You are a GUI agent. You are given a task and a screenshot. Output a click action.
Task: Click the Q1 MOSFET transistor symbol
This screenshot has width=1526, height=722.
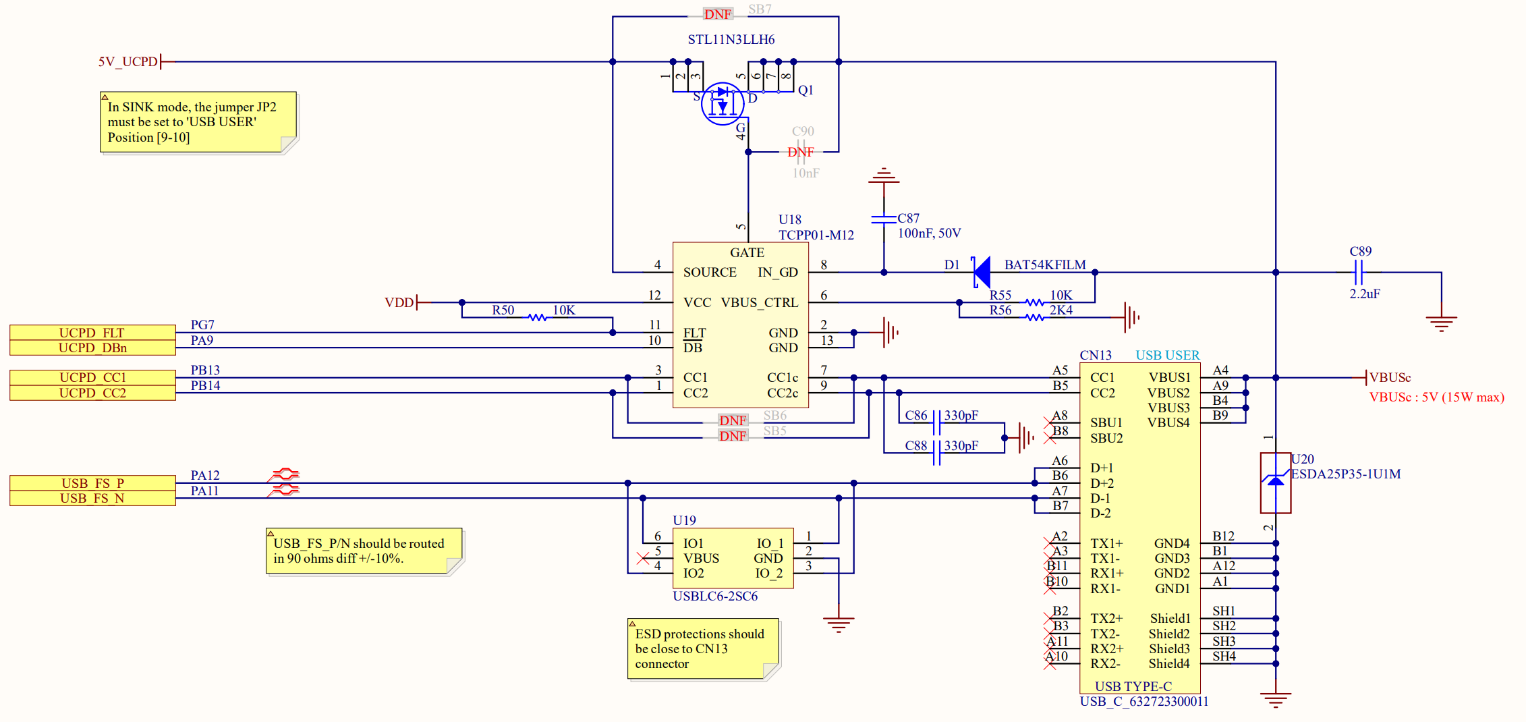pyautogui.click(x=722, y=104)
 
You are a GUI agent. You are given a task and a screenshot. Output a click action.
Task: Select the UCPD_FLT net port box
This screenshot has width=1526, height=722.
pyautogui.click(x=92, y=333)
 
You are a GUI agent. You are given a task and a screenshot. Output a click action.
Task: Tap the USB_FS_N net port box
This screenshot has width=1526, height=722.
pyautogui.click(x=92, y=498)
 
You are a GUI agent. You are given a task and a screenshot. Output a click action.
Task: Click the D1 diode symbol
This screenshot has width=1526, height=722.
pyautogui.click(x=982, y=272)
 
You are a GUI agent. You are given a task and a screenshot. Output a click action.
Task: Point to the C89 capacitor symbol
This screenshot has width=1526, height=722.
pyautogui.click(x=1359, y=273)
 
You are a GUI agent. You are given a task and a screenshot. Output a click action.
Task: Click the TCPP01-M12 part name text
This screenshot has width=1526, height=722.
pyautogui.click(x=816, y=235)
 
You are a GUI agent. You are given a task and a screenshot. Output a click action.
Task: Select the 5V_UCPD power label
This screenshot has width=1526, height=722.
pyautogui.click(x=128, y=61)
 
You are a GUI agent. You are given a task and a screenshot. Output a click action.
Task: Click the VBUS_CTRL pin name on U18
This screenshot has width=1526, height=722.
pyautogui.click(x=759, y=302)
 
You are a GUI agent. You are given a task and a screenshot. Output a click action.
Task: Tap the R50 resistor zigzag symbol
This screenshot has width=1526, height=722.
pyautogui.click(x=537, y=317)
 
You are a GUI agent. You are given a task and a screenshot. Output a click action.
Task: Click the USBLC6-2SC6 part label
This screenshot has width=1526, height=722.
pyautogui.click(x=714, y=596)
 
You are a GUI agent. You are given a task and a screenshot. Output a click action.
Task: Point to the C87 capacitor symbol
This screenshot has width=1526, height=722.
pyautogui.click(x=883, y=219)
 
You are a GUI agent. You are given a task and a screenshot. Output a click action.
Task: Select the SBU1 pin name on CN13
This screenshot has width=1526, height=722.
pyautogui.click(x=1106, y=422)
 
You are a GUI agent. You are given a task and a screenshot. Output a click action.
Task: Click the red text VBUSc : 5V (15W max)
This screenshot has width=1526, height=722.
pyautogui.click(x=1436, y=397)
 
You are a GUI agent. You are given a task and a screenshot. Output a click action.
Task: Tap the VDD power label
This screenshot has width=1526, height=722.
pyautogui.click(x=399, y=302)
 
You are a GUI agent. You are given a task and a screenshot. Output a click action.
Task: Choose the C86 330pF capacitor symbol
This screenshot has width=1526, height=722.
pyautogui.click(x=936, y=423)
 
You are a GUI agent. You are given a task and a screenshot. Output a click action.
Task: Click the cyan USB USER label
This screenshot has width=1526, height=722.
pyautogui.click(x=1167, y=355)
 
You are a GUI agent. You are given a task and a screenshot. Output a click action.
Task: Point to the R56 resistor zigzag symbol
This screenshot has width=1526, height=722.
pyautogui.click(x=1035, y=317)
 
